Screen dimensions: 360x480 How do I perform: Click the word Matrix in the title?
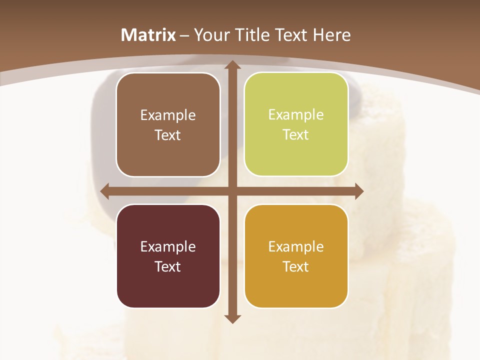(x=148, y=35)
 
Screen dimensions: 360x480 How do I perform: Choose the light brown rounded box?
(x=168, y=124)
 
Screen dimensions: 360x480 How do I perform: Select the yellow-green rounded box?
(x=296, y=124)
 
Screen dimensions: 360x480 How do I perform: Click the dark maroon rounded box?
(x=168, y=256)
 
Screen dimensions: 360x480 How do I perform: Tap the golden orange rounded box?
(x=296, y=256)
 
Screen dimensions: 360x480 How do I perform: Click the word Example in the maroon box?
(x=168, y=246)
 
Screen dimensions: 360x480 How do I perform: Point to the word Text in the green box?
(x=296, y=135)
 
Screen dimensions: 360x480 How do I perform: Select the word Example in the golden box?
(x=296, y=246)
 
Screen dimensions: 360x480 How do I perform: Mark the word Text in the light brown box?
(x=168, y=135)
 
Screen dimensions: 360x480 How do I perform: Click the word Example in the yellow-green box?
(x=296, y=115)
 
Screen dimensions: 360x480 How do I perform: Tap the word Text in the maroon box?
(x=168, y=266)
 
